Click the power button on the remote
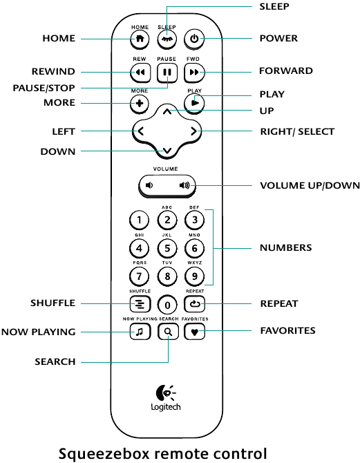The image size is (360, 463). pos(194,39)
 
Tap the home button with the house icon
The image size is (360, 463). pos(140,39)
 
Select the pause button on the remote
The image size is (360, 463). pos(167,72)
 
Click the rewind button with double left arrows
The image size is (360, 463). pos(140,72)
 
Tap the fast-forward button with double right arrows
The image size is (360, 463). pos(194,72)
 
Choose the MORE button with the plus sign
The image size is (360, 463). pos(140,104)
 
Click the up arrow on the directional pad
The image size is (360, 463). pos(167,112)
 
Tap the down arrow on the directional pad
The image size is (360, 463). pos(167,151)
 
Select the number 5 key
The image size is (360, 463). pos(167,248)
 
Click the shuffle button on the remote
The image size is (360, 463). pos(140,304)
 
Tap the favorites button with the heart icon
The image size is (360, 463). pos(194,332)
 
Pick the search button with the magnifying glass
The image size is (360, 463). pos(168,332)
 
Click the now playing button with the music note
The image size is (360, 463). pos(140,332)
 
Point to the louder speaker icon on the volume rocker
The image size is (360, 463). pos(184,185)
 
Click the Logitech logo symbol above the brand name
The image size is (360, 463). pos(165,393)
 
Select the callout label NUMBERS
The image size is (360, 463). pos(285,247)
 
